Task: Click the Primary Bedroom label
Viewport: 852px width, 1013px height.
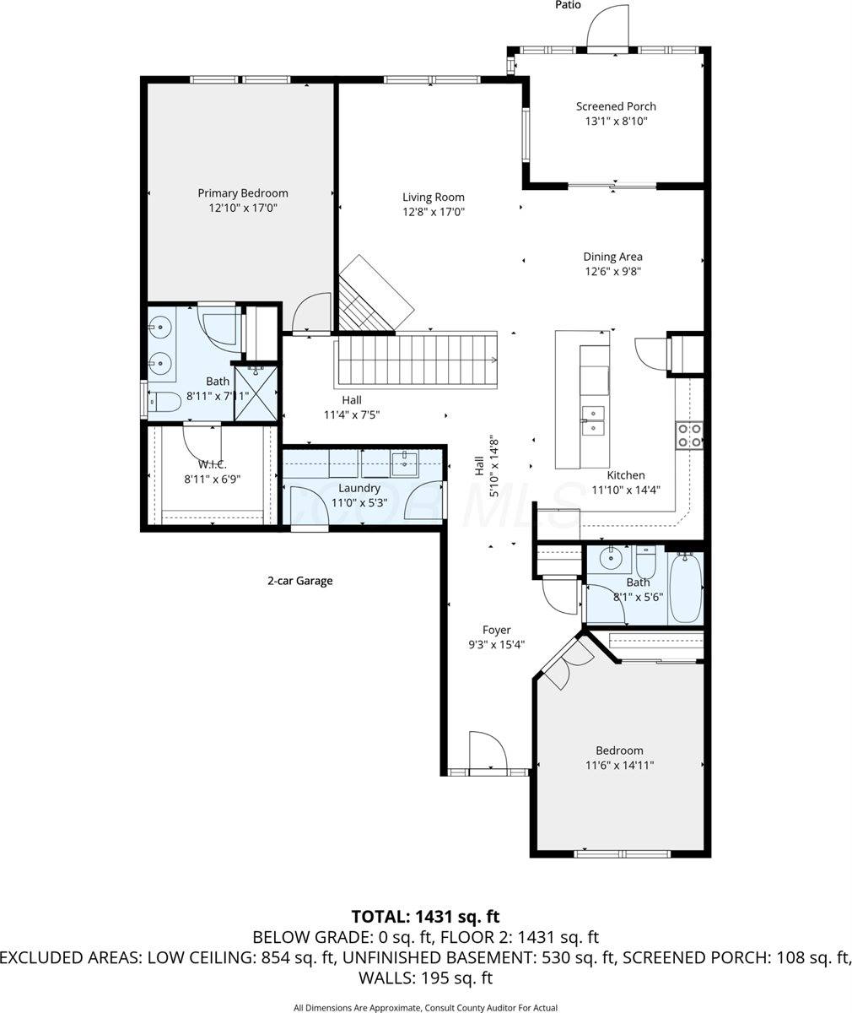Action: coord(243,193)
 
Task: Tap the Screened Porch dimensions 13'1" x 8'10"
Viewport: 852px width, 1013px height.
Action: coord(616,122)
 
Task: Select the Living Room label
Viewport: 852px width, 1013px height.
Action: coord(434,198)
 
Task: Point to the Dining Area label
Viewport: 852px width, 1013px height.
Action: coord(613,257)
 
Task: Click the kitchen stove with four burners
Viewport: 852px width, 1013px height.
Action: coord(689,434)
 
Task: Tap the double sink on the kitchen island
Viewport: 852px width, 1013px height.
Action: coord(594,420)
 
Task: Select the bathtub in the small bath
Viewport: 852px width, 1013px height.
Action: coord(685,588)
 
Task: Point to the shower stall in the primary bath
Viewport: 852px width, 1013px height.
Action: coord(255,391)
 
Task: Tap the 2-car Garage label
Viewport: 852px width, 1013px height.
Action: coord(299,581)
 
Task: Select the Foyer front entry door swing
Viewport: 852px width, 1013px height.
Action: coord(486,750)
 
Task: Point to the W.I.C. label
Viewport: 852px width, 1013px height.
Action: coord(213,464)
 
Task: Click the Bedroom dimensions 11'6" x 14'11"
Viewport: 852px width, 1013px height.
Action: coord(619,765)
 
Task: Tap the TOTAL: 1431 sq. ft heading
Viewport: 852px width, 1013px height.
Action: coord(425,916)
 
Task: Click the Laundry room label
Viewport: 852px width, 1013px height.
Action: coord(359,488)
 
